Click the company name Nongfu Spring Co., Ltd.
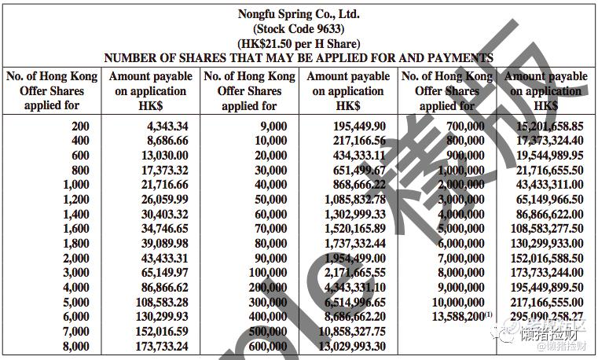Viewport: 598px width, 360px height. [x=299, y=14]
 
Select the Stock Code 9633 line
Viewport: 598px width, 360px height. [x=299, y=29]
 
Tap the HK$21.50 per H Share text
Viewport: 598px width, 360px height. [x=299, y=43]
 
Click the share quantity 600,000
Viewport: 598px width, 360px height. [x=268, y=346]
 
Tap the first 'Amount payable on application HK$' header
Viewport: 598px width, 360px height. [x=150, y=91]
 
